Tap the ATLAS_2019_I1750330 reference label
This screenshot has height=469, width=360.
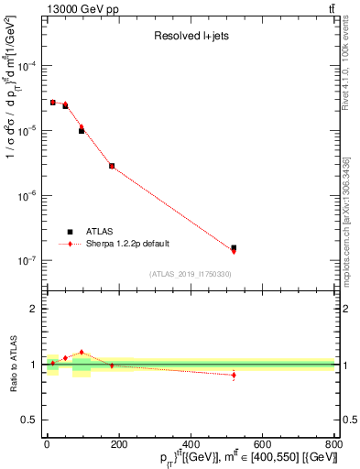pos(190,274)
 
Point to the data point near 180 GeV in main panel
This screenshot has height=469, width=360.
pos(112,166)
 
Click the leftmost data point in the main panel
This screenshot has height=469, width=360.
pos(53,103)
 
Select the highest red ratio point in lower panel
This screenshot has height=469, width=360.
pos(82,352)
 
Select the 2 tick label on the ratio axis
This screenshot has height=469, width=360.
pos(36,309)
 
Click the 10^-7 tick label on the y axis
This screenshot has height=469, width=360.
pos(27,261)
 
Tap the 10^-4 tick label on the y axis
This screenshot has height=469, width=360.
pos(27,67)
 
